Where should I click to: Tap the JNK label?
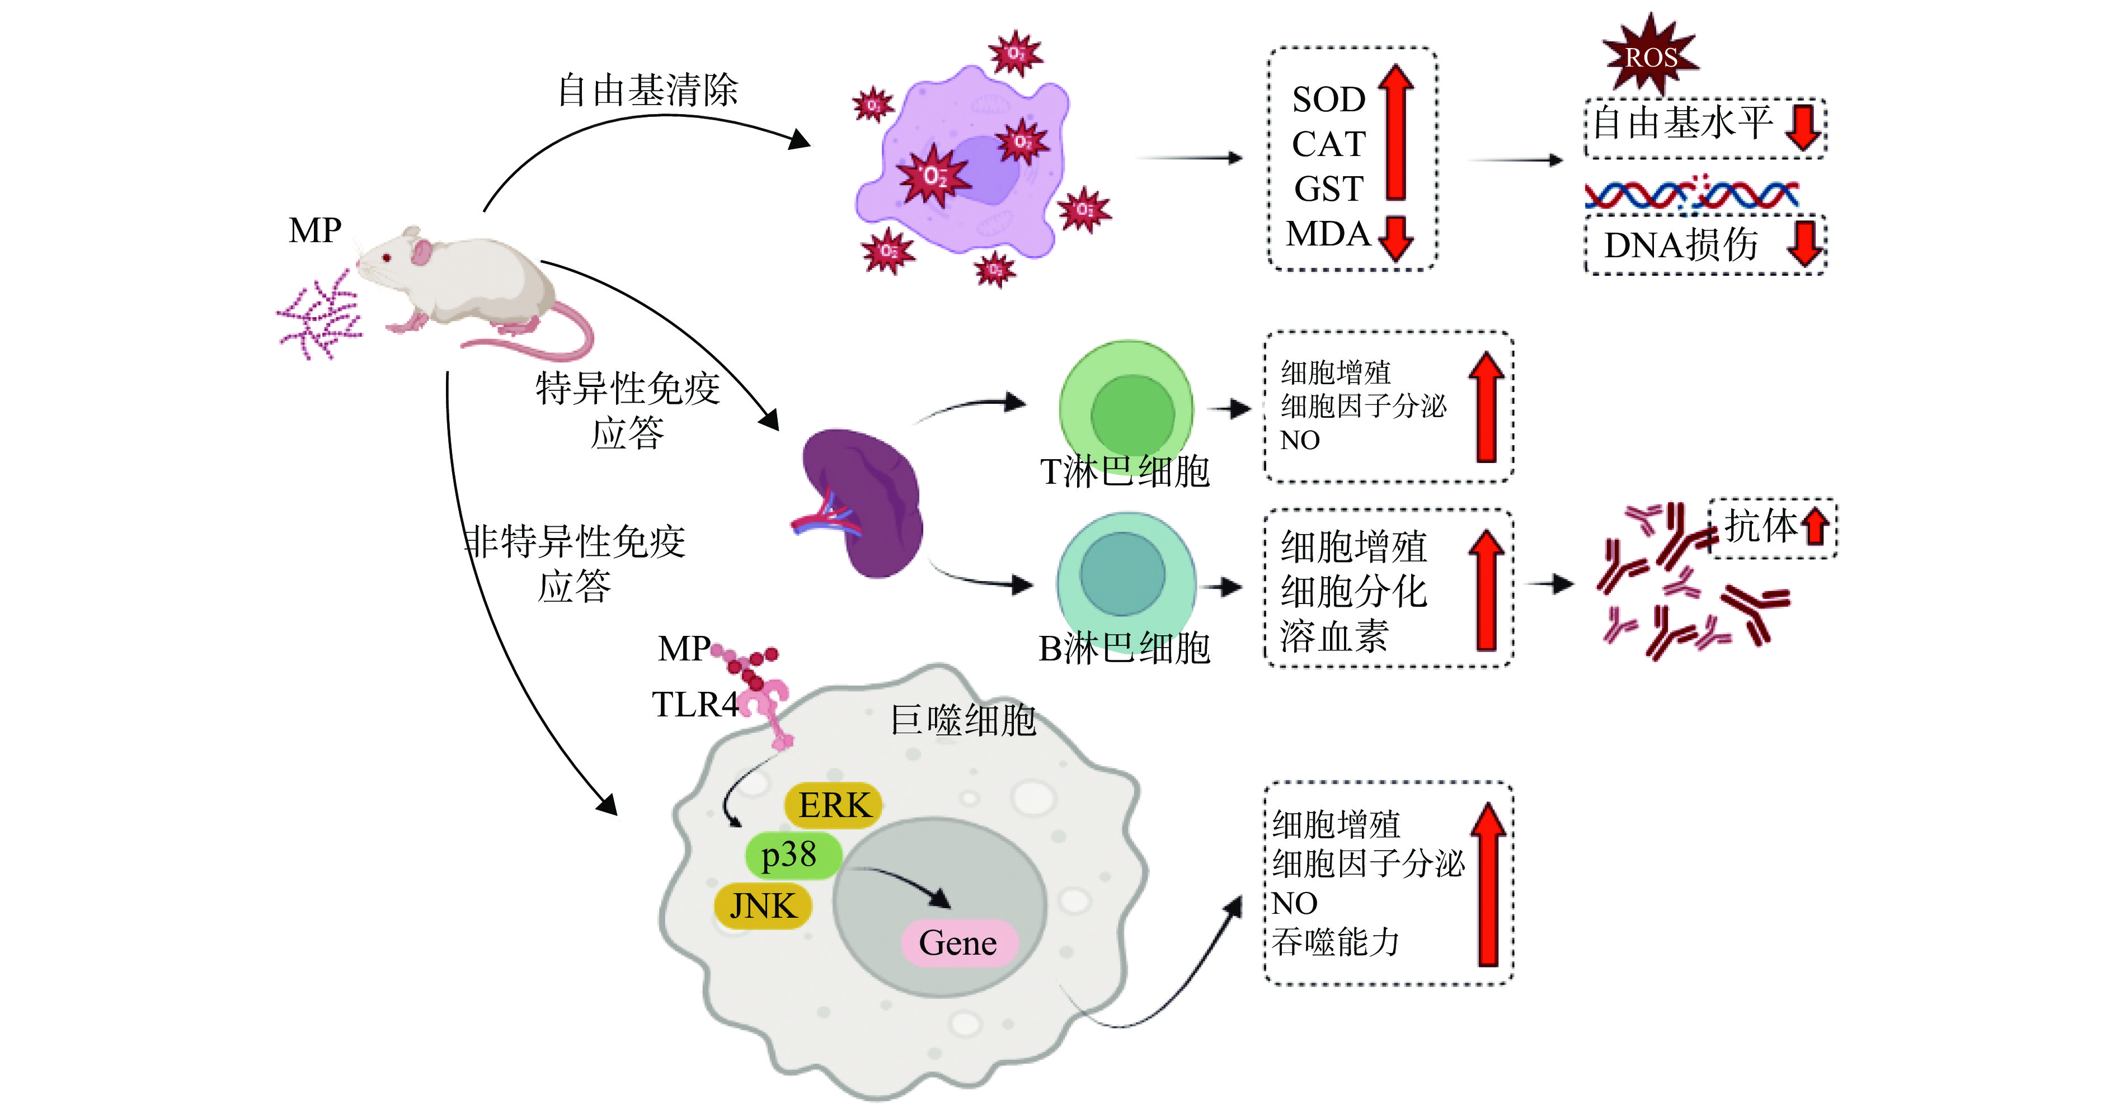click(x=763, y=906)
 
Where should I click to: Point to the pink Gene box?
click(x=958, y=942)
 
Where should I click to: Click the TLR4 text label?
click(x=694, y=704)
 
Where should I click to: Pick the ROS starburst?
click(x=1650, y=56)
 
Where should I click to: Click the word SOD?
click(x=1328, y=100)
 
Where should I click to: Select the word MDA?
click(x=1328, y=234)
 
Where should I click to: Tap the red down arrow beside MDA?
click(x=1396, y=239)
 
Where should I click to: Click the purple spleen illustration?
click(x=862, y=502)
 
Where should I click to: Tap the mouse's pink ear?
click(x=422, y=251)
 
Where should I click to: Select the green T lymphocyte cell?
click(x=1126, y=408)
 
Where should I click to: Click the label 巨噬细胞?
click(x=963, y=720)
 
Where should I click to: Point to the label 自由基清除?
click(x=648, y=90)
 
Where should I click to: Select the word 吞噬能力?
click(x=1336, y=942)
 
